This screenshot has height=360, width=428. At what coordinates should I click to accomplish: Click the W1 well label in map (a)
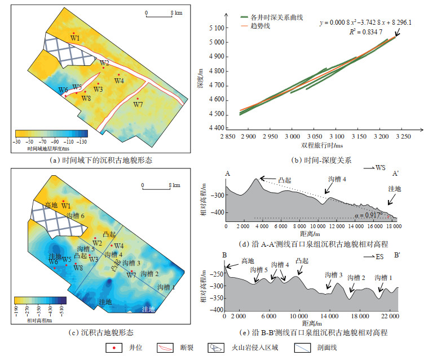pyautogui.click(x=75, y=38)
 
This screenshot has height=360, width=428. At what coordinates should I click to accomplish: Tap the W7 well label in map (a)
pyautogui.click(x=138, y=104)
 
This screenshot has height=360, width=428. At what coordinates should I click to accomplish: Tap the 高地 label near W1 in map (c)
pyautogui.click(x=51, y=205)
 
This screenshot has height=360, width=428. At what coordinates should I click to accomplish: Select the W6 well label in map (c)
pyautogui.click(x=54, y=262)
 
